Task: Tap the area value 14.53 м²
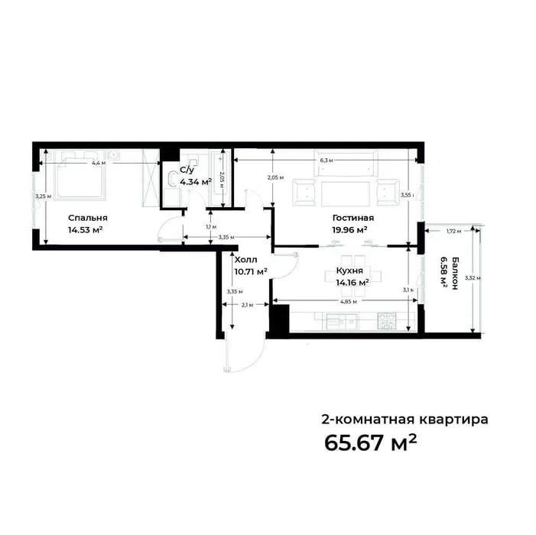[x=85, y=229]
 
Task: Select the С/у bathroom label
[x=186, y=170]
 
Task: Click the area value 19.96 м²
[x=350, y=229]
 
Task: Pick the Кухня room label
[x=349, y=271]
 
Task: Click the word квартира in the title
[x=451, y=419]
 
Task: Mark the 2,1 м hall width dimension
[x=246, y=306]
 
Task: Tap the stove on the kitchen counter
[x=387, y=322]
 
